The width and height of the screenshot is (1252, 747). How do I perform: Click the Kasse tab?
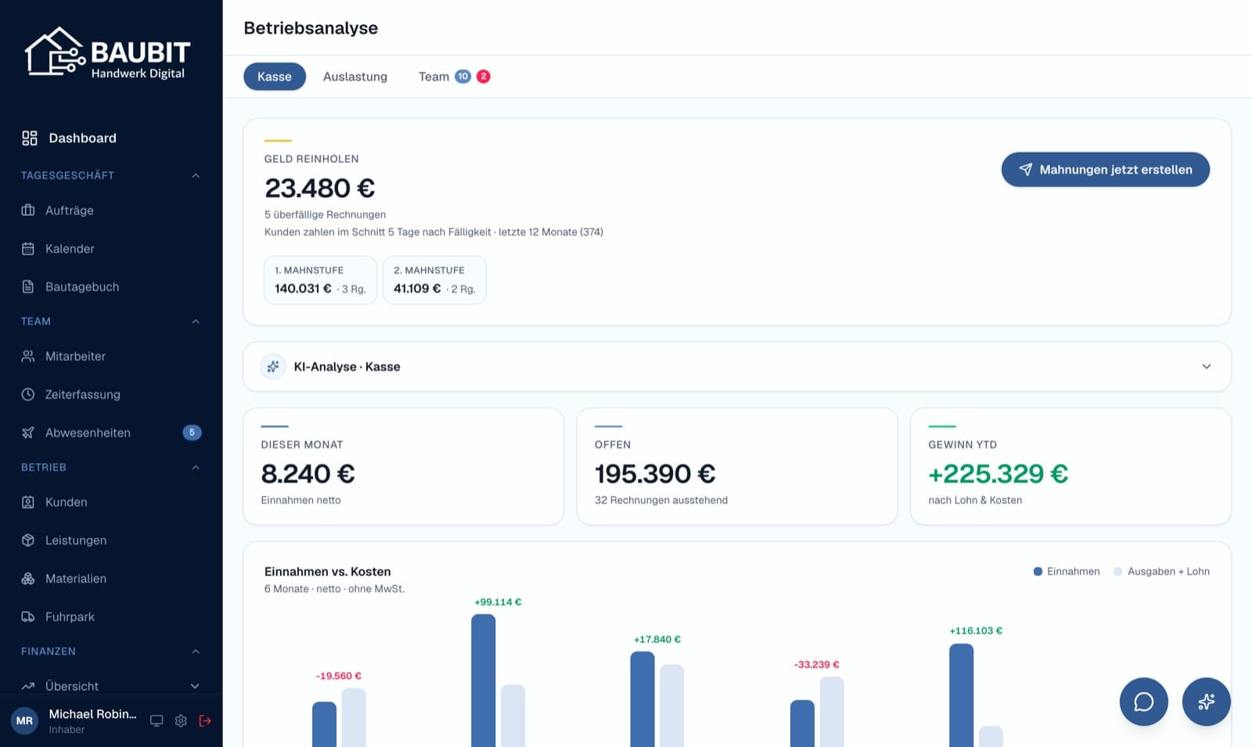(275, 77)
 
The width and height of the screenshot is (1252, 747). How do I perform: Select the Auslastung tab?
(355, 77)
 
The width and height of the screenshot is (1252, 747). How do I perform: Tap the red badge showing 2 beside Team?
(484, 76)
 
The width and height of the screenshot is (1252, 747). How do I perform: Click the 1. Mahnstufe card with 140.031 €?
(320, 280)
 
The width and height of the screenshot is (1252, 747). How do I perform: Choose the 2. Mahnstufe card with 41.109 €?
(434, 280)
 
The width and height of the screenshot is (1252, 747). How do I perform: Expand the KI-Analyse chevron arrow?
(1206, 367)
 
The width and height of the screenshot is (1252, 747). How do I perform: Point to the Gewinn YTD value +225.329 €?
(998, 474)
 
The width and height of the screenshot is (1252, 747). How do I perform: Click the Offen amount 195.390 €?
(655, 474)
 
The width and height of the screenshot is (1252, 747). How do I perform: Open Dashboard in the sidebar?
(82, 138)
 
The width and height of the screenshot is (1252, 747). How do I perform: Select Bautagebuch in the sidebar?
(82, 286)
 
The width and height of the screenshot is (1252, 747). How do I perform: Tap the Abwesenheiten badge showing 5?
(192, 433)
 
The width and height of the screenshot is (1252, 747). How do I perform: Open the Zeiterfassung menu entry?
(82, 394)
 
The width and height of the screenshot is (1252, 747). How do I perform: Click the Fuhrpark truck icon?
(28, 617)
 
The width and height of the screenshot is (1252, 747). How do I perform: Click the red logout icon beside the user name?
(205, 720)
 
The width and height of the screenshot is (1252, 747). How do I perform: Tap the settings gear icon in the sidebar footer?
(181, 720)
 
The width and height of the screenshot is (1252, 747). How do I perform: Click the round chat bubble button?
(1143, 702)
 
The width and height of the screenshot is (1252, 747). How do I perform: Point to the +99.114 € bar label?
(498, 602)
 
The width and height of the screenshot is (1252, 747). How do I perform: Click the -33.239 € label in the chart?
(817, 665)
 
